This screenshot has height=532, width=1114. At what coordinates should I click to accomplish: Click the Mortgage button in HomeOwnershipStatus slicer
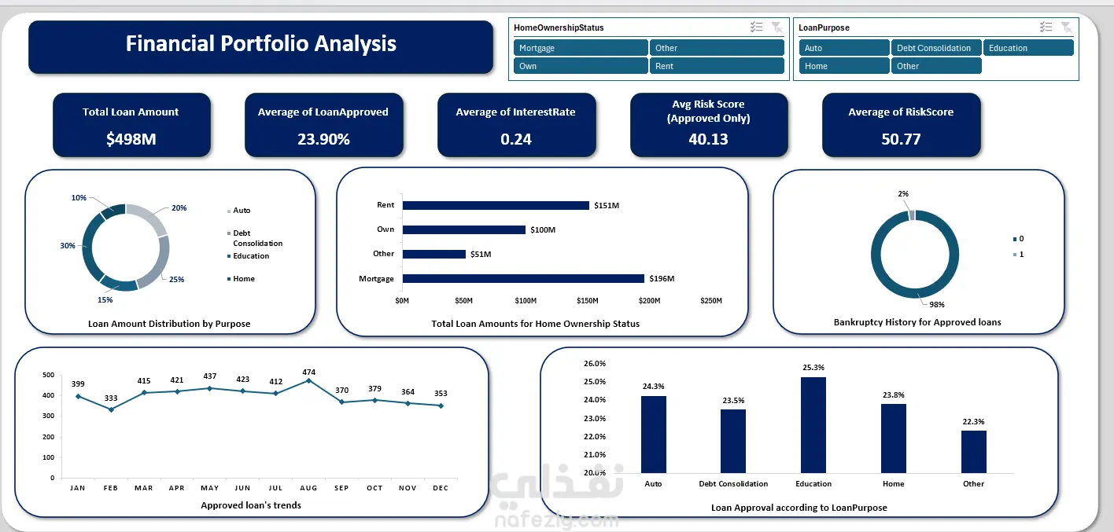pos(581,48)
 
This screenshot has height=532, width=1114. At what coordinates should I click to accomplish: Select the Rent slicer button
pos(717,66)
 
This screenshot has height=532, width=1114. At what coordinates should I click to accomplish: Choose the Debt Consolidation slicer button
pos(936,48)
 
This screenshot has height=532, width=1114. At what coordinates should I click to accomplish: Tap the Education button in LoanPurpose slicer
pos(1028,48)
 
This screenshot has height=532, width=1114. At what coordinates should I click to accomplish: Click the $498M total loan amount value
pos(131,139)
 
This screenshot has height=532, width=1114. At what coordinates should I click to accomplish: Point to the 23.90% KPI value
pos(323,139)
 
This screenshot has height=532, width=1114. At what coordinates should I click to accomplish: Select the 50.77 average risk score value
pos(901,139)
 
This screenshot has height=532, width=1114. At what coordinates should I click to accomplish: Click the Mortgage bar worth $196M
pos(523,278)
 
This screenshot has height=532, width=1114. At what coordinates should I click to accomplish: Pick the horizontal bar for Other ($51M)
pos(433,254)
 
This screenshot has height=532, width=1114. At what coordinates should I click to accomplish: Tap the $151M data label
pos(606,206)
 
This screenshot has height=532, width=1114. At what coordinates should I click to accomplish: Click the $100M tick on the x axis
pos(526,301)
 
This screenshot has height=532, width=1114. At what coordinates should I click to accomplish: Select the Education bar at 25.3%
pos(813,424)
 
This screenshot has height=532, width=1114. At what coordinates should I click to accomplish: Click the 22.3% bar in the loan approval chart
pos(973,451)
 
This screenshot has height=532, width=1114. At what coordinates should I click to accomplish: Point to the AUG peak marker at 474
pos(308,380)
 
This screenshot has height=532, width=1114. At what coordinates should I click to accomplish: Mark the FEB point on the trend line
pos(111,409)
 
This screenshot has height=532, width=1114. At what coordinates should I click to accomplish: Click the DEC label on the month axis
pos(441,488)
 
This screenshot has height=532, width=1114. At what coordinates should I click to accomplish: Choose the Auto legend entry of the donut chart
pos(242,211)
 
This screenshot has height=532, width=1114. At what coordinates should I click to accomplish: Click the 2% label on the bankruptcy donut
pos(902,193)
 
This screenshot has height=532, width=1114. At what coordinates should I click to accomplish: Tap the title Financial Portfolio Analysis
pos(260,44)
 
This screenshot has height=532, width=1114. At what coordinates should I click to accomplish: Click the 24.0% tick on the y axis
pos(594,400)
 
